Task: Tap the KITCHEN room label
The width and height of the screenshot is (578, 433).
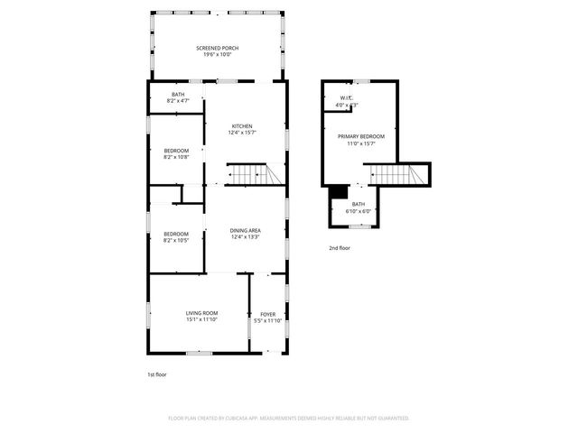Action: [242, 126]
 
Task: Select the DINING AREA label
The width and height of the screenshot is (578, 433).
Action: [246, 230]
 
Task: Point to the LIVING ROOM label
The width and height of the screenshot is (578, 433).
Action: [202, 312]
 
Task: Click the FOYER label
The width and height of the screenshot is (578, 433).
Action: [268, 312]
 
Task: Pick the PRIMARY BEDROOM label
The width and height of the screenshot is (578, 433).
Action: [361, 136]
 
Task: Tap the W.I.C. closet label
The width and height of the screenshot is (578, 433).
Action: [346, 98]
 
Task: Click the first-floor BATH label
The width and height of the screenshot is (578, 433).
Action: [179, 94]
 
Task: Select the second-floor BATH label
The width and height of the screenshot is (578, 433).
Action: [359, 204]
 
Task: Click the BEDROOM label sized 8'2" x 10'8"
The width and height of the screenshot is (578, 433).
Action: [176, 150]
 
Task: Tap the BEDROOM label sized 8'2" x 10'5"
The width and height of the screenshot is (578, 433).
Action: [176, 234]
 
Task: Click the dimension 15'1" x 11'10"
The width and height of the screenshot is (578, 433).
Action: [202, 318]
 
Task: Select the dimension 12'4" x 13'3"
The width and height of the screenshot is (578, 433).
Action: [246, 237]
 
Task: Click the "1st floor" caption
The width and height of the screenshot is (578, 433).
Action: [157, 374]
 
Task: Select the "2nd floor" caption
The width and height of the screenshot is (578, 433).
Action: [339, 247]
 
